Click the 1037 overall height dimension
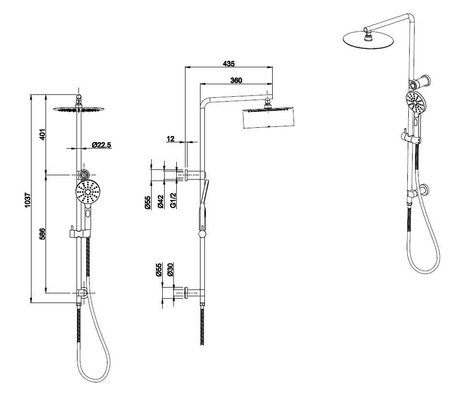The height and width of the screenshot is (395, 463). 28,199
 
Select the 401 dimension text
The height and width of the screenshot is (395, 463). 42,134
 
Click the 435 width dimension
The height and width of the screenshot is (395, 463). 229,63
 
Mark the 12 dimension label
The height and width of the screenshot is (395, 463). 170,139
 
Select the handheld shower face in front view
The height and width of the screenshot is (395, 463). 88,192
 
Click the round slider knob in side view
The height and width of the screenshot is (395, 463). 201,234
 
